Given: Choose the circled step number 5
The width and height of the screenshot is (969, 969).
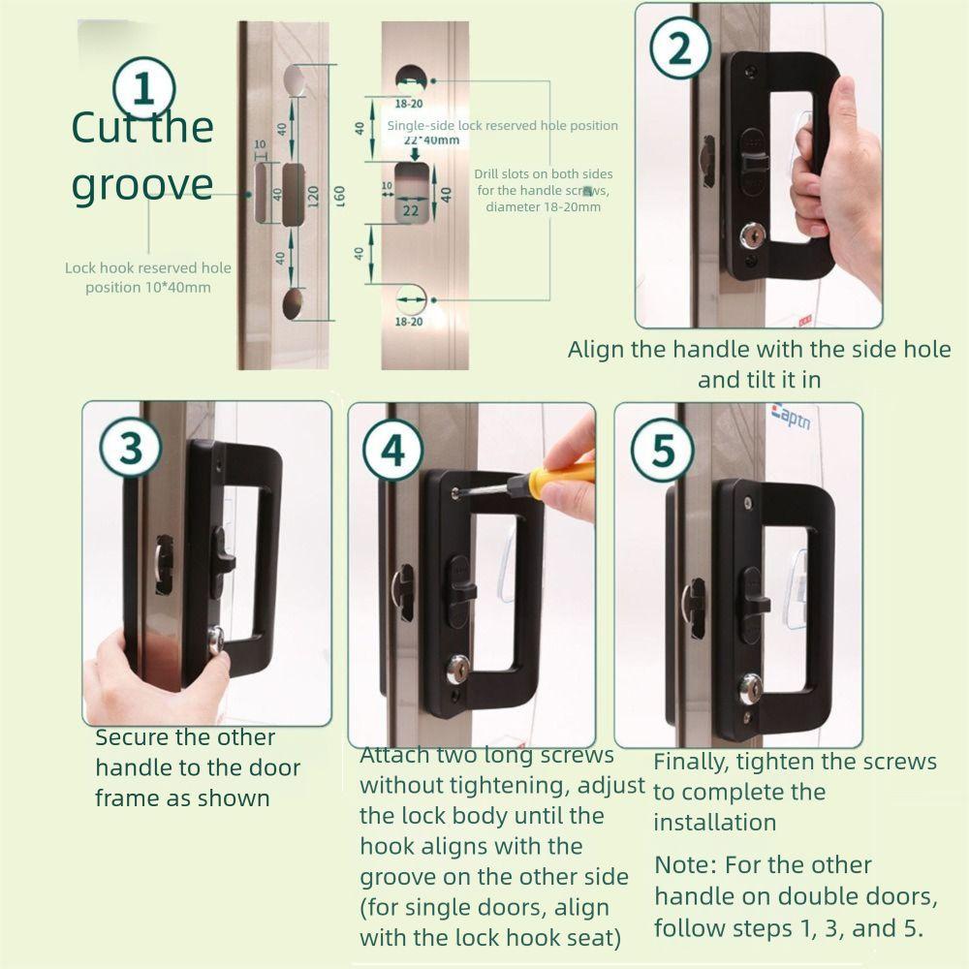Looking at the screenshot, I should point(663,451).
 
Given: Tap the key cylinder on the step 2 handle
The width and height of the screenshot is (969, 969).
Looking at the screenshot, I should point(751,235).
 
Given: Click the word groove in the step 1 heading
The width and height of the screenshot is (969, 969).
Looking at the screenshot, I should point(141,184).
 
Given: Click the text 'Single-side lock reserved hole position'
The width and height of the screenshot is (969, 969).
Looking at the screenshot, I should point(502,125).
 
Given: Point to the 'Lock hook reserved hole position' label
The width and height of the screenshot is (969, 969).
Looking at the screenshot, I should point(147,277).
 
